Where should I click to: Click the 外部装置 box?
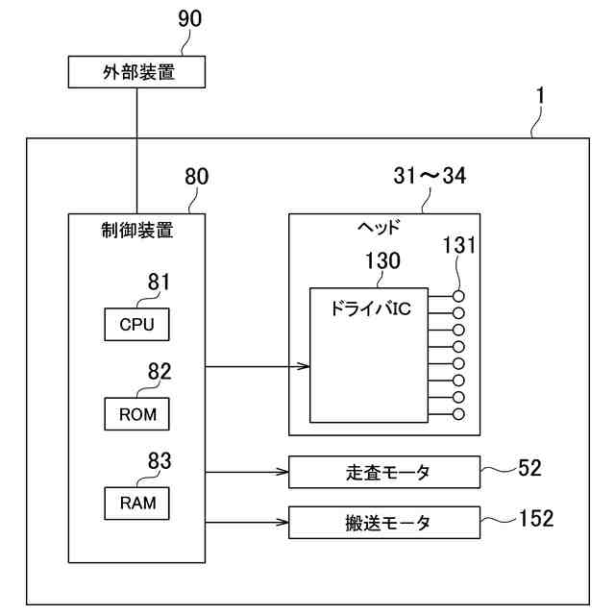click(x=136, y=72)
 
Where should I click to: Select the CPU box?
click(x=136, y=325)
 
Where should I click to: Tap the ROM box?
click(x=136, y=414)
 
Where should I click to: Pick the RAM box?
click(x=136, y=504)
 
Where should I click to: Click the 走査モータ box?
click(x=384, y=472)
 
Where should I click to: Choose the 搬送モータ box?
click(x=384, y=523)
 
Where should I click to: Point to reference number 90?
click(x=190, y=19)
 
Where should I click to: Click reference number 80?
click(x=196, y=177)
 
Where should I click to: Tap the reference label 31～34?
click(x=430, y=175)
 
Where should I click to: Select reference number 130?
click(x=382, y=260)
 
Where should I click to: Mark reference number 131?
click(x=459, y=245)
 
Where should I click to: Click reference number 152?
click(x=536, y=518)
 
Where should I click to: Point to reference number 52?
click(x=529, y=468)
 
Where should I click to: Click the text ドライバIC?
click(x=371, y=308)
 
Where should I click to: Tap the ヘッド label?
click(x=379, y=227)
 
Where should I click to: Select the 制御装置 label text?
click(x=136, y=231)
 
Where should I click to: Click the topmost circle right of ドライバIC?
click(x=458, y=296)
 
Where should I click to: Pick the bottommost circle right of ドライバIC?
click(x=458, y=414)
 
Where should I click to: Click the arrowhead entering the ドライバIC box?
click(x=304, y=366)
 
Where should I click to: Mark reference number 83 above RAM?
click(x=160, y=461)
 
